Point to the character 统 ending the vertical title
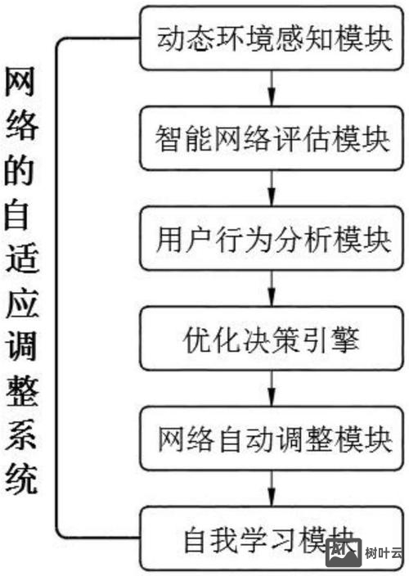pos(22,479)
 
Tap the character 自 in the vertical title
pos(22,214)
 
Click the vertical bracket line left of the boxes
pos(56,286)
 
